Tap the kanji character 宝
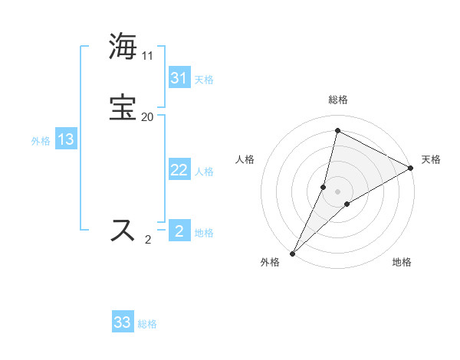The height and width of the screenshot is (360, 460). tap(123, 107)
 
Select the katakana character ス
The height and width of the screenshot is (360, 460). tap(123, 230)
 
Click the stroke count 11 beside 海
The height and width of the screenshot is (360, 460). tap(147, 56)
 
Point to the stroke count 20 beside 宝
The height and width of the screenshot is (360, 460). tap(147, 117)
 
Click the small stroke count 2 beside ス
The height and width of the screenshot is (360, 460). tap(147, 240)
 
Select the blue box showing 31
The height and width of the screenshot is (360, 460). tap(179, 78)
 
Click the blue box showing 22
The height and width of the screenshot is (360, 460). tap(179, 170)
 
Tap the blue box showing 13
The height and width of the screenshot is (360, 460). tap(65, 139)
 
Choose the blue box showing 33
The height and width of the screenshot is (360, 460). tap(122, 322)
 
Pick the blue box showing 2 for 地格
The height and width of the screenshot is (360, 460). tap(179, 231)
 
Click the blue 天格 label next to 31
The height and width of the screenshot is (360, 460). tap(204, 80)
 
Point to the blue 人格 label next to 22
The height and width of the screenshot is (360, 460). tap(204, 172)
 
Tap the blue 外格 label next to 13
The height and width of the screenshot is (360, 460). tap(41, 141)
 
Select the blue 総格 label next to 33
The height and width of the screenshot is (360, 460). tap(147, 324)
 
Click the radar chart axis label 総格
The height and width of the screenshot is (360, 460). tap(338, 100)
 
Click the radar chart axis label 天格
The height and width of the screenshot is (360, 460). tap(431, 159)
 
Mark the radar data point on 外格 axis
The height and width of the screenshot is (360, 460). tap(292, 253)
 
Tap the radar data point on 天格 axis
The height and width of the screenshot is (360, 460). tap(411, 168)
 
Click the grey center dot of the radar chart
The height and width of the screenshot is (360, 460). tap(338, 191)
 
